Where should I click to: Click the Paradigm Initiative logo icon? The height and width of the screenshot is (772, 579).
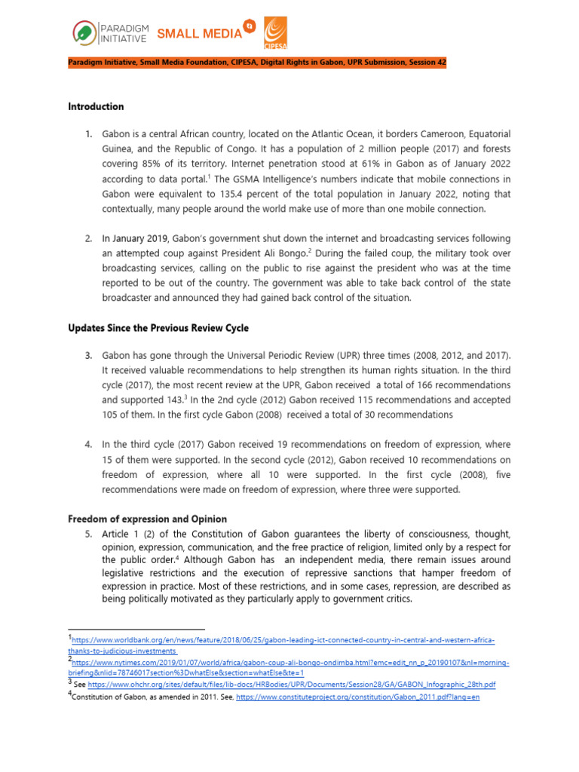pos(85,32)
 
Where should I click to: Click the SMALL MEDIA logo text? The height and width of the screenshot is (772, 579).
pos(199,33)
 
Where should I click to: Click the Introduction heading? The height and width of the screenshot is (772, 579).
pos(96,106)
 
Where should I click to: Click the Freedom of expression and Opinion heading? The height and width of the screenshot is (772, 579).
pos(147,519)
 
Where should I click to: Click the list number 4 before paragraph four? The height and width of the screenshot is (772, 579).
pos(88,444)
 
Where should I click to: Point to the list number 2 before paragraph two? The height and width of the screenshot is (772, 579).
pos(88,238)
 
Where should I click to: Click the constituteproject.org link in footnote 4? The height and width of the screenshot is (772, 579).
pos(357,697)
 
